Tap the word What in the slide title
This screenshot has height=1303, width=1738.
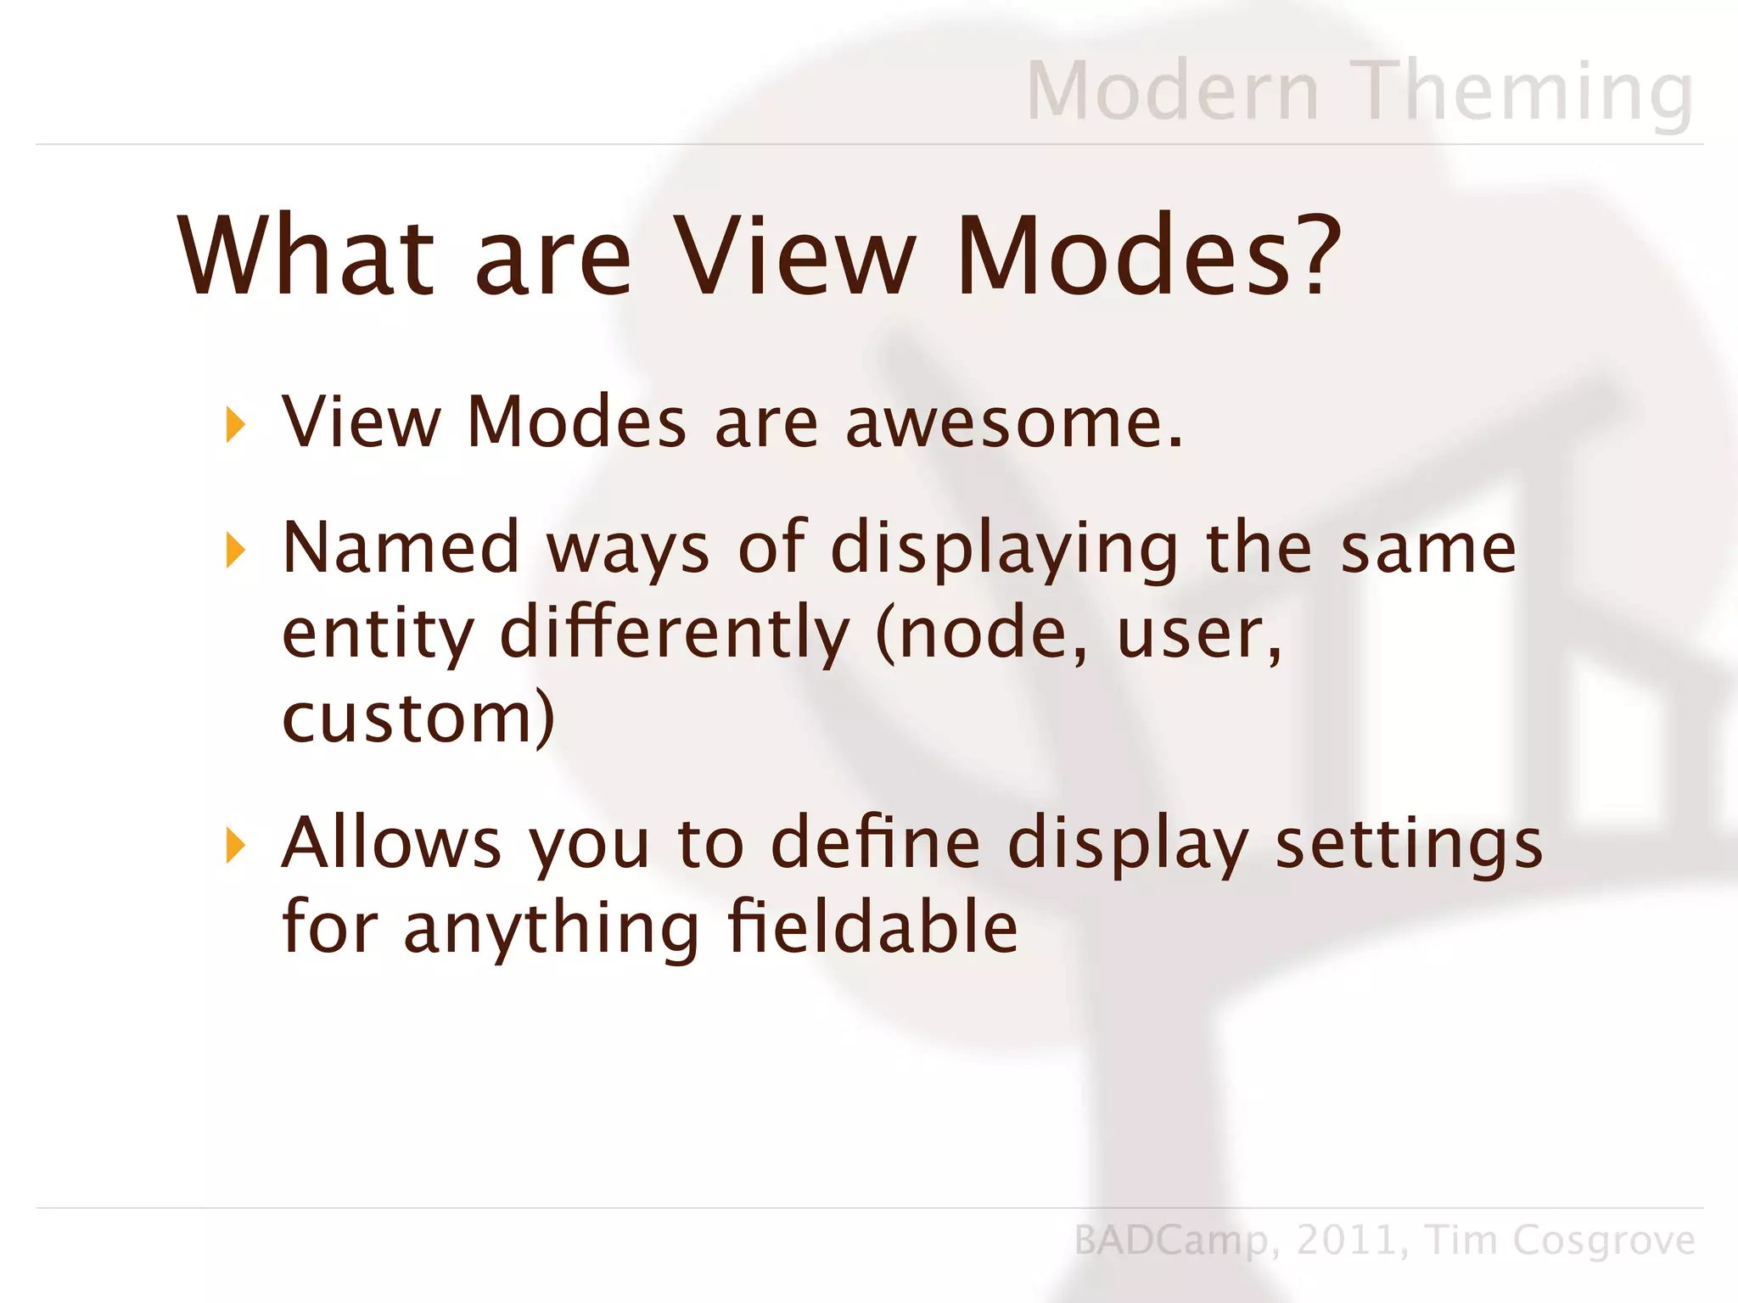(306, 256)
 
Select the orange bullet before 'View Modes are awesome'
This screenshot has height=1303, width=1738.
(235, 424)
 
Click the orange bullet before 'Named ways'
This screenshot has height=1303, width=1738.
(235, 551)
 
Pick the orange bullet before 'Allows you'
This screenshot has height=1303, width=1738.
(235, 846)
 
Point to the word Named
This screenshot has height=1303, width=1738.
(400, 548)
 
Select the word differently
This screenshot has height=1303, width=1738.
(675, 635)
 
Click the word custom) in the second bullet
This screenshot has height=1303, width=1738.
(418, 719)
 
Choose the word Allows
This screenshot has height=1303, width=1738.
(391, 843)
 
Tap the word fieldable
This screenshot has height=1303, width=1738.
(872, 926)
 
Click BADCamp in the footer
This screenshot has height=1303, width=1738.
(1170, 1241)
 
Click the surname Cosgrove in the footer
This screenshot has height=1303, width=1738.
(1603, 1241)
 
